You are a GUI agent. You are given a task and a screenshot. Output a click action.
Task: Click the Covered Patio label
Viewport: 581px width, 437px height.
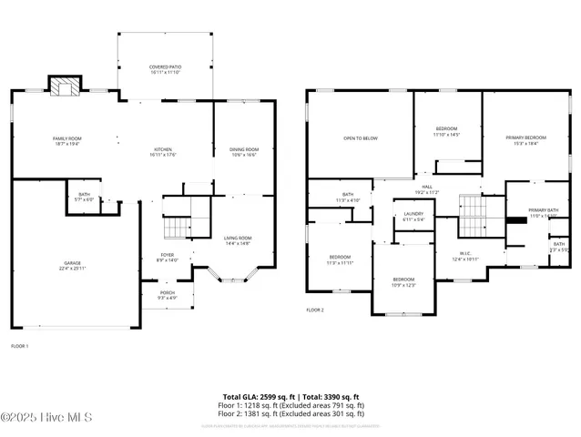coord(165,69)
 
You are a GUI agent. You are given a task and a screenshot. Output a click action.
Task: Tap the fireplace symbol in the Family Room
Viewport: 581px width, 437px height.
coord(64,87)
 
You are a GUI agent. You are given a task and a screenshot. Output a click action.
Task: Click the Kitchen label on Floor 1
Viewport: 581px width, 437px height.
coord(163,152)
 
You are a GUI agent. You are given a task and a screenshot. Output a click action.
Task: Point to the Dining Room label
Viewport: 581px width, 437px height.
coord(243,152)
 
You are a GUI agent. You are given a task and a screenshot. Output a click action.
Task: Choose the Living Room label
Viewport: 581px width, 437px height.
coord(238,240)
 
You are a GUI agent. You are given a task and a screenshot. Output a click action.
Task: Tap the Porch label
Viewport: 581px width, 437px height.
coord(168,295)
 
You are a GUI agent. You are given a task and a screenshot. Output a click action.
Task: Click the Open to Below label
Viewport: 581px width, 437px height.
coord(360,138)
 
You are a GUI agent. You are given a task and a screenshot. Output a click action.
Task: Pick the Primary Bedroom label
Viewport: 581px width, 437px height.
coord(525,139)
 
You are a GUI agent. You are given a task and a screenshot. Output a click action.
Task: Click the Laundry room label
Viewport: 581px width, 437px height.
coord(413,217)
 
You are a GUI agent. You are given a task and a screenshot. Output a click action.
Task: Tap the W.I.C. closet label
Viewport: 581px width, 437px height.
coord(464,257)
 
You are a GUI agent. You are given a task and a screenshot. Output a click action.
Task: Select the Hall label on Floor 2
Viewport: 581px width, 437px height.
coord(426,189)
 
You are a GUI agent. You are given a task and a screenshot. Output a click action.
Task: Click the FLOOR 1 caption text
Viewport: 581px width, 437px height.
coord(19,347)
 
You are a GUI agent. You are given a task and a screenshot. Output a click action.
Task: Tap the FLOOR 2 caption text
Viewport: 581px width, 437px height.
coord(315,310)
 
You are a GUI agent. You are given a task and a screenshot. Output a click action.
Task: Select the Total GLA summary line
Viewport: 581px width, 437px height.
coord(291,396)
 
